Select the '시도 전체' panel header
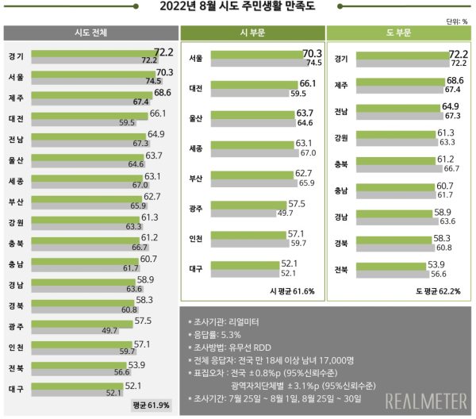pos(90,33)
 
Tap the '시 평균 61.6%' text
pos(292,291)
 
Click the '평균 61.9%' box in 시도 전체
pos(151,406)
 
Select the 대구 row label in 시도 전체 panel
pos(16,390)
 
